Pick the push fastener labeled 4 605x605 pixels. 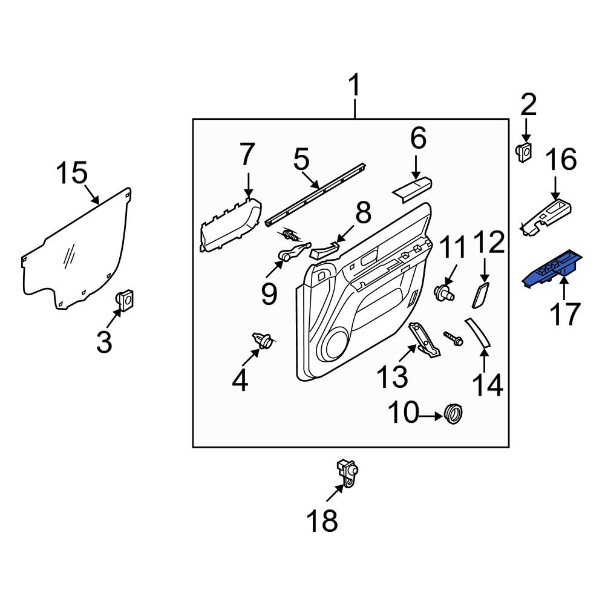263,341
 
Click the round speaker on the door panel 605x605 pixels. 335,347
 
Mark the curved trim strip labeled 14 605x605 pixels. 479,332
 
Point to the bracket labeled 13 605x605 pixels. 425,340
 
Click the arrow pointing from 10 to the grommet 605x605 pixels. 431,416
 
